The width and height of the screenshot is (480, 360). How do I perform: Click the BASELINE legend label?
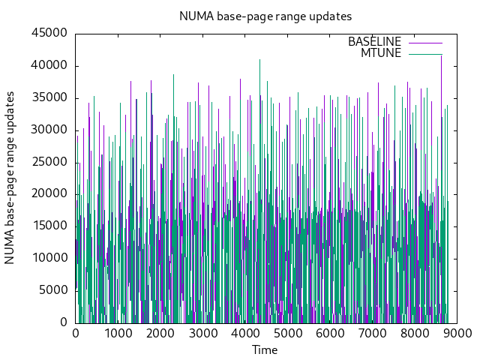coord(374,42)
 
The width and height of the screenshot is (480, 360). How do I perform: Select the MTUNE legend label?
coord(381,53)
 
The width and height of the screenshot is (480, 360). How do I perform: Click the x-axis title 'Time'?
coord(265,349)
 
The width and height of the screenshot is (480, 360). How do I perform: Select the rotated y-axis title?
coord(10,178)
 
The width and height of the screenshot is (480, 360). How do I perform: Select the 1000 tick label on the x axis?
coord(118,334)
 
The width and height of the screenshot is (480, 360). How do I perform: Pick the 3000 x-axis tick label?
coord(202,334)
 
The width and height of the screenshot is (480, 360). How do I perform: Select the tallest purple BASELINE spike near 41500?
coord(441,57)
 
